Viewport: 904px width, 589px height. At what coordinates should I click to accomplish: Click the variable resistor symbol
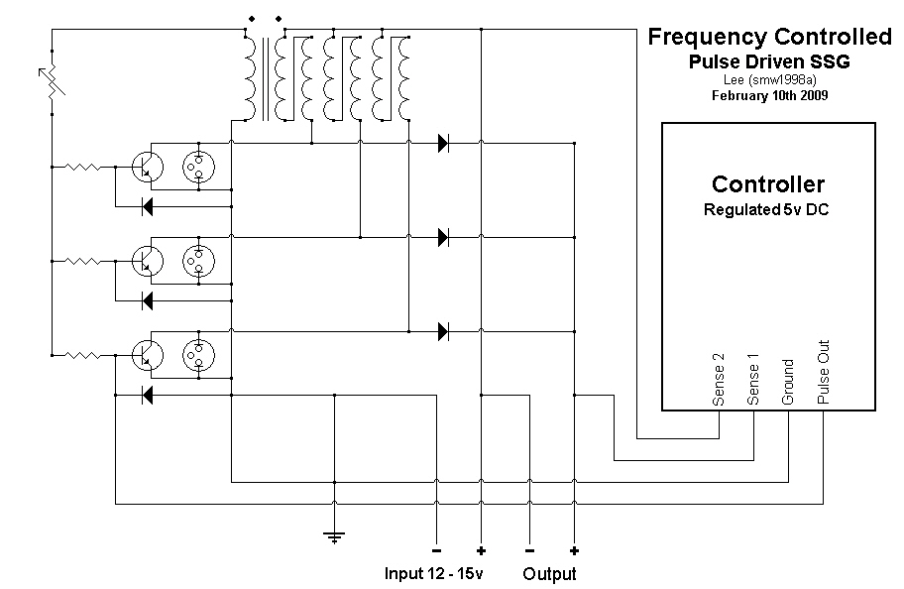(53, 81)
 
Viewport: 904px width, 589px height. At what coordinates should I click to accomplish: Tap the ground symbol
(334, 537)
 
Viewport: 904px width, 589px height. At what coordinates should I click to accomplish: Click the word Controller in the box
(768, 184)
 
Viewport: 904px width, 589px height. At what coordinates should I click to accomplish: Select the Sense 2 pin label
(719, 379)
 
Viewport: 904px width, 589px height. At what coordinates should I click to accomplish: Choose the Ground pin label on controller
(788, 382)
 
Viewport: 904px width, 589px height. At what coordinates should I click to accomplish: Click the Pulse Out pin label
(824, 372)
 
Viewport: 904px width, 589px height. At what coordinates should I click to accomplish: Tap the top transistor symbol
(148, 168)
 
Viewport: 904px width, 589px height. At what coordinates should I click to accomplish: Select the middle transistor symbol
(148, 262)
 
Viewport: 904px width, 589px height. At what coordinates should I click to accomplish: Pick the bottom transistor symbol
(148, 355)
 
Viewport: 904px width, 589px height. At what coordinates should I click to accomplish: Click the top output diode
(443, 143)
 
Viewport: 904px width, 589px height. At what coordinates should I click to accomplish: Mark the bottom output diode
(443, 332)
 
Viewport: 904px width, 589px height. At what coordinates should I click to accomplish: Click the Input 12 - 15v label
(433, 573)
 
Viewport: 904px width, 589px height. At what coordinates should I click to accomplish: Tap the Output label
(549, 573)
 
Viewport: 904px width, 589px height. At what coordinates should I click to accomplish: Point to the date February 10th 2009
(769, 95)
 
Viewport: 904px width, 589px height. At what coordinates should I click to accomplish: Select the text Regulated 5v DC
(766, 209)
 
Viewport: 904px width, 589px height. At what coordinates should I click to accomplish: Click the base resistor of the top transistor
(83, 168)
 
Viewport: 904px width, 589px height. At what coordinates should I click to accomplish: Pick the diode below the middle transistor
(148, 300)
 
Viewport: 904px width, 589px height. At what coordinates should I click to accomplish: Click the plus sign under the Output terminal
(574, 551)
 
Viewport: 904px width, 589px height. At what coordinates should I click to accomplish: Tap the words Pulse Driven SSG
(769, 61)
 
